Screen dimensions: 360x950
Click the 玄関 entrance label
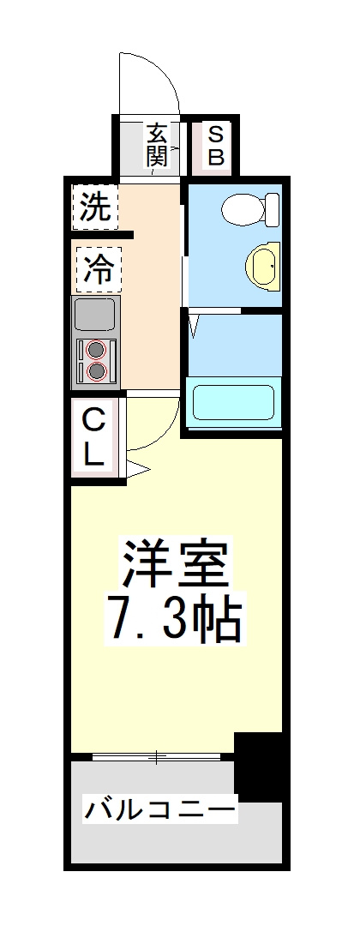point(156,145)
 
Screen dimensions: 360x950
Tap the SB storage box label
point(216,145)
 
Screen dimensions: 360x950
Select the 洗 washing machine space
point(96,207)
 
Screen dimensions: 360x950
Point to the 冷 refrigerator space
point(99,269)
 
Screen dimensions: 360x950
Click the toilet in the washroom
point(250,209)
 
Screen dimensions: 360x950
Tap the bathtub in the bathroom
point(234,402)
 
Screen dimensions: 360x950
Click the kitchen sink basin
point(96,315)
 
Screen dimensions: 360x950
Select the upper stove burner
point(96,349)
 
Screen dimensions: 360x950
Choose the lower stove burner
point(96,370)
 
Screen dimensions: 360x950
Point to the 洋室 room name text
point(176,564)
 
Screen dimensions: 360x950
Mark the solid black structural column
point(258,767)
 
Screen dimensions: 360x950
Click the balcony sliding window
point(156,756)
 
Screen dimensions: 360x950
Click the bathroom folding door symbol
point(194,325)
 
